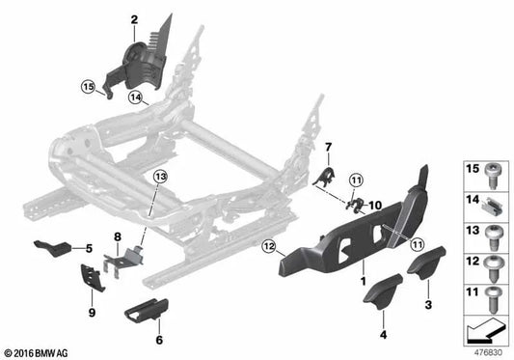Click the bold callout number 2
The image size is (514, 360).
[x=134, y=20]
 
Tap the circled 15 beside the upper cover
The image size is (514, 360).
[x=88, y=87]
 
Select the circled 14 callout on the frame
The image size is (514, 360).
[x=136, y=97]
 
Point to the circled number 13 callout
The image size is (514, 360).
[x=161, y=177]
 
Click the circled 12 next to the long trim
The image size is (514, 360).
[x=269, y=247]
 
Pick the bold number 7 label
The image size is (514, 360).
[x=329, y=148]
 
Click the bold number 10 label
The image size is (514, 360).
[x=375, y=206]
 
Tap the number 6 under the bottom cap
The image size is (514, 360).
[x=159, y=340]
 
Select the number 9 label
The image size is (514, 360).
[x=93, y=313]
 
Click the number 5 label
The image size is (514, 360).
[x=89, y=249]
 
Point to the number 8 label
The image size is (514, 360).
[x=118, y=236]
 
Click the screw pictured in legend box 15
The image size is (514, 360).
[x=493, y=176]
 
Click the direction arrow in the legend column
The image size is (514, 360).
[x=485, y=330]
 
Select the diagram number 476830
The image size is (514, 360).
[x=488, y=353]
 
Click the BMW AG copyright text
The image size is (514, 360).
[x=36, y=353]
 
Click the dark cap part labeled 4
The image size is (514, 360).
[x=383, y=291]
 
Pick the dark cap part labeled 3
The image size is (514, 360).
[x=426, y=263]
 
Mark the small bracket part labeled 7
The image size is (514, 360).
[x=325, y=177]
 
